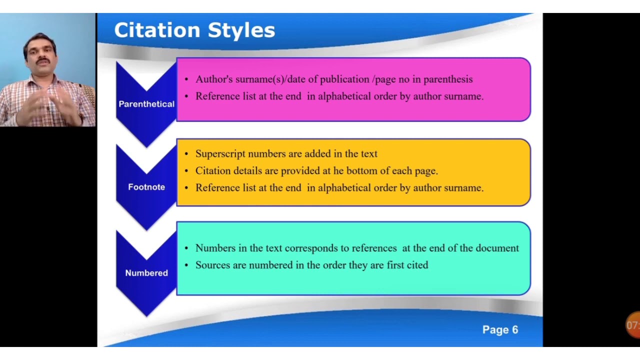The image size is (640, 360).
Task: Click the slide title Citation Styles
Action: pyautogui.click(x=194, y=30)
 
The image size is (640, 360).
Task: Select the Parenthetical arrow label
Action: pyautogui.click(x=146, y=104)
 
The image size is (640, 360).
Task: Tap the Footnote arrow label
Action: pyautogui.click(x=146, y=187)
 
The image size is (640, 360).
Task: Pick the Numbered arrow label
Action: pyautogui.click(x=146, y=273)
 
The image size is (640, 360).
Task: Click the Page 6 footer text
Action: pyautogui.click(x=500, y=329)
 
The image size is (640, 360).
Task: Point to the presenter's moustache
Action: pyautogui.click(x=43, y=61)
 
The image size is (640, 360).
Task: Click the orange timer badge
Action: pyautogui.click(x=633, y=325)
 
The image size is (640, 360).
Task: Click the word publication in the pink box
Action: pyautogui.click(x=344, y=79)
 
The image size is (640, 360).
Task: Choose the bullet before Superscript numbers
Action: pyautogui.click(x=186, y=154)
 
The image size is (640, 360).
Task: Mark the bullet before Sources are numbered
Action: pyautogui.click(x=186, y=265)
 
